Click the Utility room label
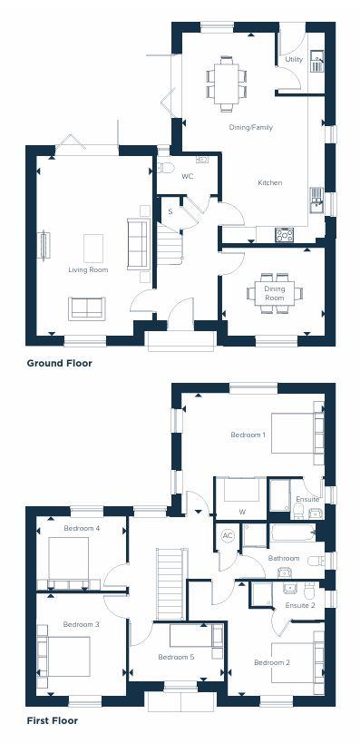point(294,60)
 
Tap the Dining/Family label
point(251,128)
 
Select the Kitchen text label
point(270,183)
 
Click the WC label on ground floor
point(188,176)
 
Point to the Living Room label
point(88,270)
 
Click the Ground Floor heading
point(59,363)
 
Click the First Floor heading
point(52,721)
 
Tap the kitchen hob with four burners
point(284,234)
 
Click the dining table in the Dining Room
point(274,293)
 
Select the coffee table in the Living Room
point(93,247)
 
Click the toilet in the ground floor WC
point(165,168)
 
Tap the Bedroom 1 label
point(248,435)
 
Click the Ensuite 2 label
point(300,605)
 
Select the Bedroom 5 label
point(176,657)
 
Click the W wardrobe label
point(241,513)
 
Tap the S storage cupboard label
point(170,212)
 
